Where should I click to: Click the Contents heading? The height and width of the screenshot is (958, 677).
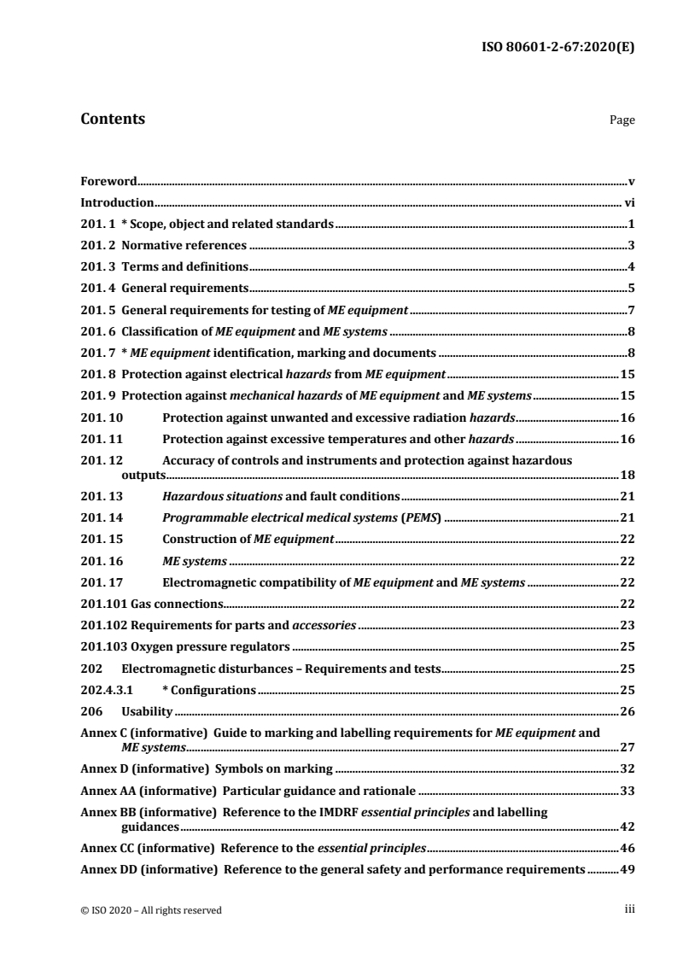[x=112, y=120]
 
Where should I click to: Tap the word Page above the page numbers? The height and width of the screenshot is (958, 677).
[x=622, y=121]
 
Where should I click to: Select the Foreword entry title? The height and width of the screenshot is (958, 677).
[x=108, y=182]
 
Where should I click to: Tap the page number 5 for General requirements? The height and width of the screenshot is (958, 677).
[x=631, y=288]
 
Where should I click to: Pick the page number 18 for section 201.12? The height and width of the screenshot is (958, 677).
[x=627, y=475]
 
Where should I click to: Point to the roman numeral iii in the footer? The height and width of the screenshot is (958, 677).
[x=629, y=910]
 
